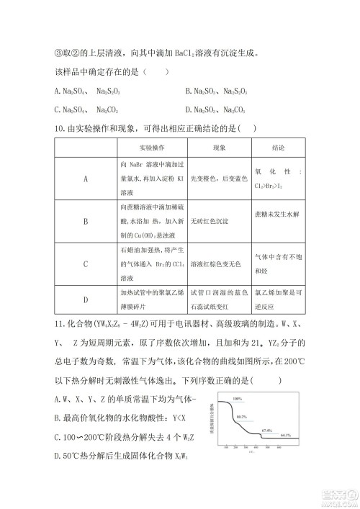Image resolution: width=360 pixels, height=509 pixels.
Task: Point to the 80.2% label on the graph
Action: click(x=242, y=416)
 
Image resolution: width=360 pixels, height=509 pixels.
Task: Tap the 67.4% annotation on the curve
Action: click(x=266, y=430)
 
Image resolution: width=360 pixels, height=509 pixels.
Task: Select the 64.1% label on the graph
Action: click(x=286, y=436)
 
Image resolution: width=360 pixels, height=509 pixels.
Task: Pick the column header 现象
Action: click(x=219, y=147)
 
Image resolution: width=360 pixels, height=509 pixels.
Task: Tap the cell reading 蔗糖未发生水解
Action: click(x=276, y=215)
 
